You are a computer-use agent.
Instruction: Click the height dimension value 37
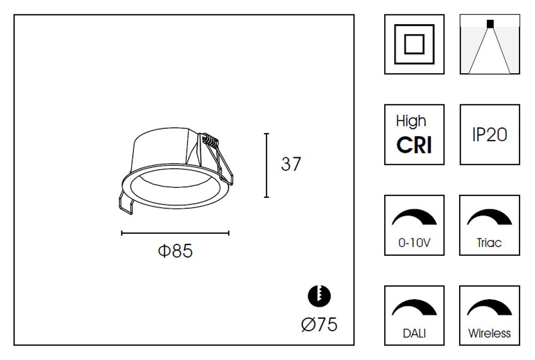coord(291,164)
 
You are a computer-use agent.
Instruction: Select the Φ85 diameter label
coord(175,250)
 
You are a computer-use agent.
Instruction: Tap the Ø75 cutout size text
coord(319,324)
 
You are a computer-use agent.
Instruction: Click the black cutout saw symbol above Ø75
coord(320,295)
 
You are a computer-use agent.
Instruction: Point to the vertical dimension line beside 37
coord(266,165)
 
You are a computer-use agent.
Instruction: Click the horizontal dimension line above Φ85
coord(175,233)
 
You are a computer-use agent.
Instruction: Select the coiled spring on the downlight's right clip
coord(212,143)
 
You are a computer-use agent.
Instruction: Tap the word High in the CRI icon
coord(411,121)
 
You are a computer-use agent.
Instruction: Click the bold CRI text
coord(414,145)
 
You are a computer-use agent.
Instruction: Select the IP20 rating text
coord(490,135)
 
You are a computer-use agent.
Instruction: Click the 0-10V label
coord(414,243)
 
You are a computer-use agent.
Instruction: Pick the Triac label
coord(490,243)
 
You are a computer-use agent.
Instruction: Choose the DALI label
coord(414,334)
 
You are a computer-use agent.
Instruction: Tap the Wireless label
coord(490,334)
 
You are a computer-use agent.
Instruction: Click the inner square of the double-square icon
coord(414,44)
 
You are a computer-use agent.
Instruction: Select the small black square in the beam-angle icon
coord(490,23)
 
